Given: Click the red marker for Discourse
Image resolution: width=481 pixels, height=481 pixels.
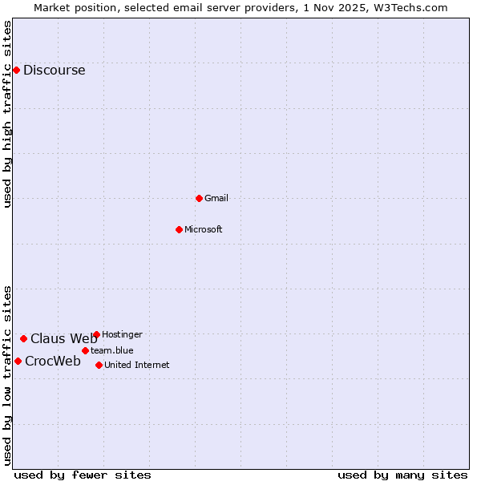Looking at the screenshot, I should point(16,70).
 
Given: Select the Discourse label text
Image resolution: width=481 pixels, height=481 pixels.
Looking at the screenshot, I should point(54,70).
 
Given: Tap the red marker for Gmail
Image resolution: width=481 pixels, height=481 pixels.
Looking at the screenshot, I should point(199,198).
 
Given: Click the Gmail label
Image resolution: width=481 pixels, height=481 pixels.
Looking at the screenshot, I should point(216,198).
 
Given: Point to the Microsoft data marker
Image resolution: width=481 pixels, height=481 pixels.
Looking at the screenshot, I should point(179,229).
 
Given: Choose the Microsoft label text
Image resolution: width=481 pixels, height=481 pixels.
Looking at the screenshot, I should point(203,229).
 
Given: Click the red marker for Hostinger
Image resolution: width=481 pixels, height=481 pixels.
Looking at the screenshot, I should point(96,334).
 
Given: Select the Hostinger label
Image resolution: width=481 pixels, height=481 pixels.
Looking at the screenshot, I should point(122,334).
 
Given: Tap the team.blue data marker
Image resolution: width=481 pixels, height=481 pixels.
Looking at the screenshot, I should point(85,350).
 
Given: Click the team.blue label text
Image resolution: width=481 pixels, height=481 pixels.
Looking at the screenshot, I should point(111,350).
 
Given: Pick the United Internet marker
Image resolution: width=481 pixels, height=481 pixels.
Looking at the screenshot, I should point(99,365).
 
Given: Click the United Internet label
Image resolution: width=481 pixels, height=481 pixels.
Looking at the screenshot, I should point(136,365).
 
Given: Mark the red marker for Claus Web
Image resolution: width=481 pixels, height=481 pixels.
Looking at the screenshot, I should point(23,338).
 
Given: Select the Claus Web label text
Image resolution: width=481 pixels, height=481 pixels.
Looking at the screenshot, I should point(63,338).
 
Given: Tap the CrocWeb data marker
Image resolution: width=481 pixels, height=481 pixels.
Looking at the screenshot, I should point(18,361).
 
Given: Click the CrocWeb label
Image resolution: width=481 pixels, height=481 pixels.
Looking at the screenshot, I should point(52,361).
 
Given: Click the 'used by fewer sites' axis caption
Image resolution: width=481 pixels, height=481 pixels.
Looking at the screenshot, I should point(83,475).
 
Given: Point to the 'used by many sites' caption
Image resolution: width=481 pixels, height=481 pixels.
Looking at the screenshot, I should point(402,475).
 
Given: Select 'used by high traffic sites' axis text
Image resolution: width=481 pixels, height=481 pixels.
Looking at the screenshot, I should point(7,114).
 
